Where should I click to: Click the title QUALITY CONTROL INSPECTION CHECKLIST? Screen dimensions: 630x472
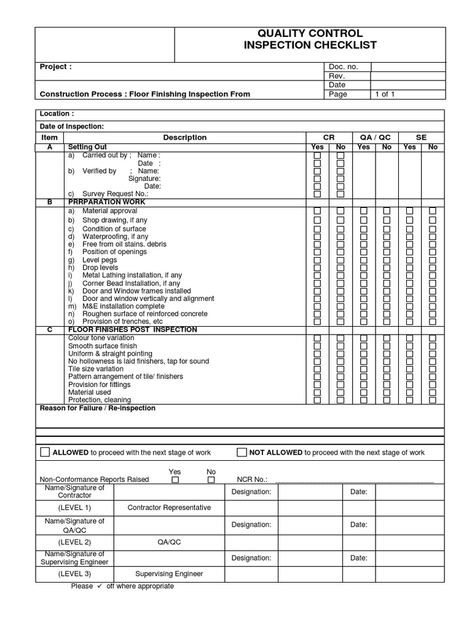click(x=310, y=39)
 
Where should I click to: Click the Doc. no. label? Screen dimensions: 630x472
click(x=344, y=66)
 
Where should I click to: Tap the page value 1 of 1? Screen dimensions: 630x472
click(x=385, y=94)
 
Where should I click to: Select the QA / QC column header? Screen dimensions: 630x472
click(x=375, y=137)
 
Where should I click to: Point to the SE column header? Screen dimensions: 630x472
click(x=421, y=137)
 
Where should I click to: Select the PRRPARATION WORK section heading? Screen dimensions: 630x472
click(x=106, y=202)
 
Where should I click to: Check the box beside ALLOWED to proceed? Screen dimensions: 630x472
click(x=45, y=452)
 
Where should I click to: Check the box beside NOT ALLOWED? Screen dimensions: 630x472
click(x=242, y=452)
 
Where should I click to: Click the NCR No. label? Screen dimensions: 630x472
click(x=252, y=479)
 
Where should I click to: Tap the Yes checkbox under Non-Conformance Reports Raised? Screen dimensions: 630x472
click(x=175, y=479)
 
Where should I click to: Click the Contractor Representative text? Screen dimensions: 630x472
click(x=169, y=508)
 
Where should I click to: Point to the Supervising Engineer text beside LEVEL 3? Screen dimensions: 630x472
click(x=169, y=574)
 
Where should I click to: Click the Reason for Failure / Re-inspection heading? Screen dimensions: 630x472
click(x=98, y=408)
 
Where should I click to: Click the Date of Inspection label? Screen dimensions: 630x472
click(x=72, y=126)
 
